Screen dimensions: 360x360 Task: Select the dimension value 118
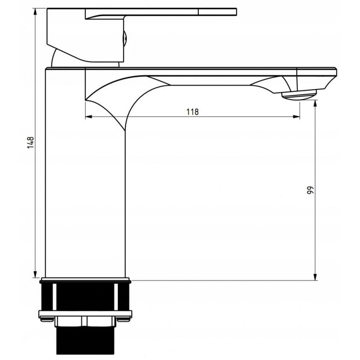(192, 112)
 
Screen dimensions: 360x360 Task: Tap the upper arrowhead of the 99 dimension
(315, 103)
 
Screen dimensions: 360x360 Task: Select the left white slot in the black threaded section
(54, 297)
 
